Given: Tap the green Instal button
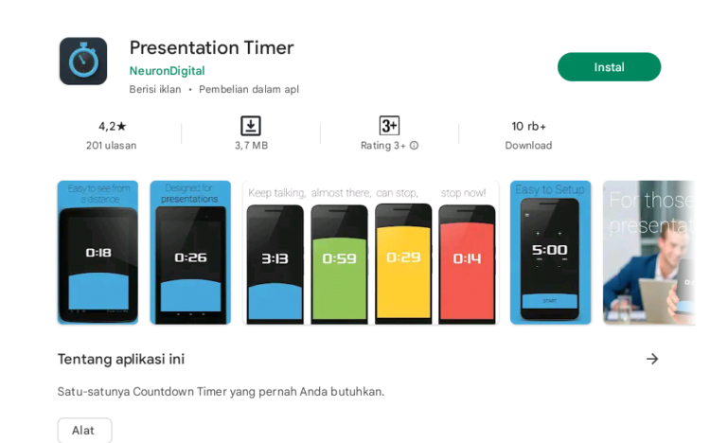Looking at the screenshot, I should pyautogui.click(x=609, y=67).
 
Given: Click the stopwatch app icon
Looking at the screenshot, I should pyautogui.click(x=83, y=62).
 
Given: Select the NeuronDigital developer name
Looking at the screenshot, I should pyautogui.click(x=167, y=70).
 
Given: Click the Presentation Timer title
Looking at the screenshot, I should pyautogui.click(x=211, y=47).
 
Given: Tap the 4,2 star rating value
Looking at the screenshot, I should pyautogui.click(x=112, y=126).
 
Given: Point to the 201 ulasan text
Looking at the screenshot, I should pyautogui.click(x=111, y=146).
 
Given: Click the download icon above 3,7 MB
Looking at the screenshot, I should pyautogui.click(x=251, y=126).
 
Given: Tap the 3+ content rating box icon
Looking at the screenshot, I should pyautogui.click(x=389, y=126).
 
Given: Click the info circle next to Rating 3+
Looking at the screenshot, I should pyautogui.click(x=414, y=146).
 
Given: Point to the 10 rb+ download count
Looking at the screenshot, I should pyautogui.click(x=528, y=126).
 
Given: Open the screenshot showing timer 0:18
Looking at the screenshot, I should pyautogui.click(x=98, y=253).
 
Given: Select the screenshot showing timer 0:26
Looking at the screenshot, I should pyautogui.click(x=190, y=253).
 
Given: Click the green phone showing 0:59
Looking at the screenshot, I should pyautogui.click(x=339, y=263).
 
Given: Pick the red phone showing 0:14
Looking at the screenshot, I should pyautogui.click(x=467, y=263).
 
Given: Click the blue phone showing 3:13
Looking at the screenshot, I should pyautogui.click(x=275, y=263).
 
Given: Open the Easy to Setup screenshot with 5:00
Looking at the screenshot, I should pyautogui.click(x=550, y=253).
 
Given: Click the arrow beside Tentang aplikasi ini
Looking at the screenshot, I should pyautogui.click(x=651, y=359).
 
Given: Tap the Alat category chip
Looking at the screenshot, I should pyautogui.click(x=84, y=430).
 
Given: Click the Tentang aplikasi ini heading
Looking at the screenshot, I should pyautogui.click(x=121, y=359).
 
